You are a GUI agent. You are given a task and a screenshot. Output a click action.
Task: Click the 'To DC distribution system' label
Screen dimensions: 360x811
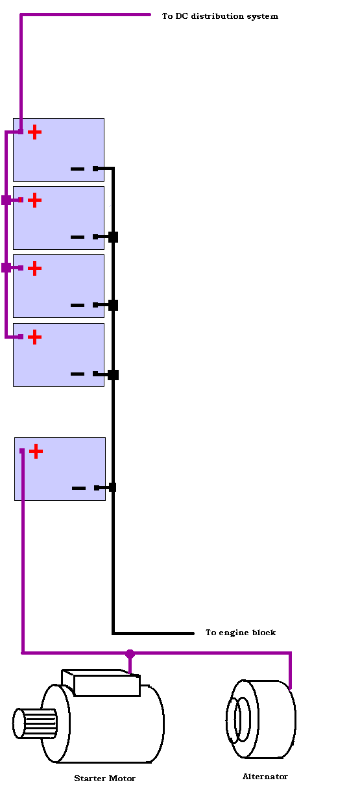click(220, 16)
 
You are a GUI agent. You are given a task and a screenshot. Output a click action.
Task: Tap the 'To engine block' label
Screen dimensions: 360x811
click(241, 633)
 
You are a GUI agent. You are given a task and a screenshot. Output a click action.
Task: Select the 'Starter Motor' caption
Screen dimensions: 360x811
click(104, 778)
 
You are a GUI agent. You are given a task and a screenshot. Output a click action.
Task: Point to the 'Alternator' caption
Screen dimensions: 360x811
click(265, 776)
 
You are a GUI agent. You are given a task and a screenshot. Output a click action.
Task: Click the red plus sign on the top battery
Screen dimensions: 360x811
click(35, 132)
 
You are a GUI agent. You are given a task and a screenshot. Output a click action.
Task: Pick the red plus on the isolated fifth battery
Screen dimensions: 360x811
click(36, 452)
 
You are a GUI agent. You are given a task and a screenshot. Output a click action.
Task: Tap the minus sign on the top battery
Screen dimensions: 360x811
click(77, 169)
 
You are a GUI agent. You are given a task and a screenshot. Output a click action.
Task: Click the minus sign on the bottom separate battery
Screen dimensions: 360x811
click(79, 488)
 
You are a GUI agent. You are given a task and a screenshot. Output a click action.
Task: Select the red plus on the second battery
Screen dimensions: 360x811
click(35, 200)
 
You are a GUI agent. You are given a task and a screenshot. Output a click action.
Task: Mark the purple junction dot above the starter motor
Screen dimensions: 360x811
click(130, 654)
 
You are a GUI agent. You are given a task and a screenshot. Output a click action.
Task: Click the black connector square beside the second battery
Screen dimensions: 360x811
click(114, 237)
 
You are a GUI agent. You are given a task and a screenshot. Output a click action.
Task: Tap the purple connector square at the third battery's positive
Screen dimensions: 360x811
click(6, 268)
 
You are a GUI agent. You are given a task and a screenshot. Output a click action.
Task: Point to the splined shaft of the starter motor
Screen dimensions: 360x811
click(35, 723)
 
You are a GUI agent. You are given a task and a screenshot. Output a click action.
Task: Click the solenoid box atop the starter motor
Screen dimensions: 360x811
click(101, 683)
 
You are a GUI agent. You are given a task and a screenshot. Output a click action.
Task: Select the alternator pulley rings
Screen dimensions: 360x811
click(238, 720)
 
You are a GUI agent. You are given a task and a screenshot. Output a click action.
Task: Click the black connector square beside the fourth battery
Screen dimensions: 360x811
click(114, 375)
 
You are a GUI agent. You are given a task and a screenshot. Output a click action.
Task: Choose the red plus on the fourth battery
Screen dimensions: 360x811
click(35, 337)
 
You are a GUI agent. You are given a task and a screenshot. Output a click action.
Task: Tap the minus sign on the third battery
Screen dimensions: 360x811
click(77, 305)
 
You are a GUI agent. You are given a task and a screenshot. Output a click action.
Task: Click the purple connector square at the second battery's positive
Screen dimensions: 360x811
click(6, 200)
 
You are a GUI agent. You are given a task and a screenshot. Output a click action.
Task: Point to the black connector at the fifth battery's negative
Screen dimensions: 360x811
click(112, 487)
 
